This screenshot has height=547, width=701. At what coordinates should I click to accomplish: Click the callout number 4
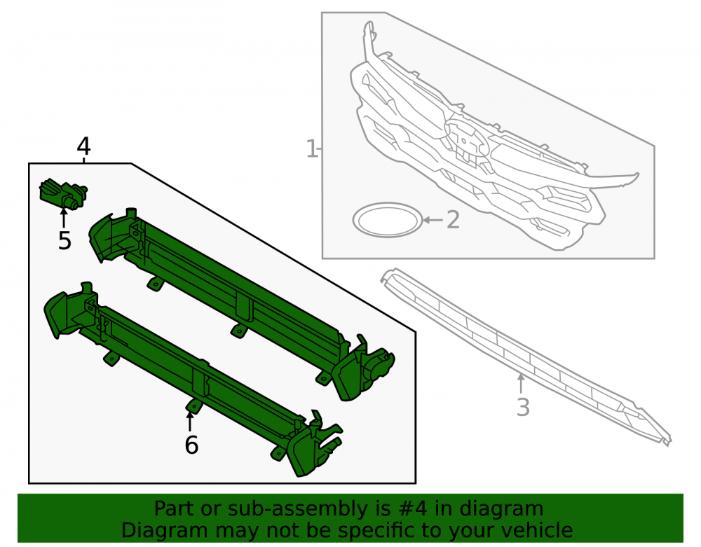[x=83, y=146]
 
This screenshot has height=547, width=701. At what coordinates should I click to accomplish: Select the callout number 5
[x=64, y=240]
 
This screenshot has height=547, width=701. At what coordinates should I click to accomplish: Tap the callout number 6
[x=191, y=445]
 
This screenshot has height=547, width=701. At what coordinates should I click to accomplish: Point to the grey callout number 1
[x=312, y=148]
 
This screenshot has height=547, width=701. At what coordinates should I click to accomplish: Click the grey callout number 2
[x=454, y=220]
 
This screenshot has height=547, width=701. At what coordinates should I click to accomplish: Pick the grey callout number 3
[x=523, y=407]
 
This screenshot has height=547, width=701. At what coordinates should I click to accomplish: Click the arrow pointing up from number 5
[x=64, y=217]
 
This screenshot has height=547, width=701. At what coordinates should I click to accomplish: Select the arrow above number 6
[x=190, y=422]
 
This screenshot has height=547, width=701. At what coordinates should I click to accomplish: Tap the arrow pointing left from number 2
[x=433, y=220]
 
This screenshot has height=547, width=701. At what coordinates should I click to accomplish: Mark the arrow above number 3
[x=521, y=385]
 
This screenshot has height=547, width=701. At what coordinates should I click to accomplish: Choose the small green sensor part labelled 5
[x=63, y=194]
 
